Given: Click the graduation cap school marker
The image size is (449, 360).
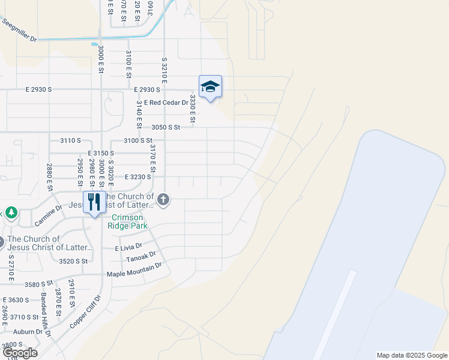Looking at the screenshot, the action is pyautogui.click(x=210, y=87).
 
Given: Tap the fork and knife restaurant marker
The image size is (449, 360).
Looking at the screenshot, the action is pyautogui.click(x=94, y=202).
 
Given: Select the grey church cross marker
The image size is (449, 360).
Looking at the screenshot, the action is pyautogui.click(x=163, y=199).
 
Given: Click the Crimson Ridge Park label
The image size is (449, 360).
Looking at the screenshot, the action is pyautogui.click(x=126, y=221).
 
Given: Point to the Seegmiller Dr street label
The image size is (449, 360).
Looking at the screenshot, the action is pyautogui.click(x=19, y=31).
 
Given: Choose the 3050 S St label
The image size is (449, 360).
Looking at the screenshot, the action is pyautogui.click(x=166, y=127).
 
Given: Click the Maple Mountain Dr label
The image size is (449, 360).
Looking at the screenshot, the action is pyautogui.click(x=134, y=269).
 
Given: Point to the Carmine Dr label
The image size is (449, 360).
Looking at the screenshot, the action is pyautogui.click(x=48, y=216).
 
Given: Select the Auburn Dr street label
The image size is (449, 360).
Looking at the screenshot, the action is pyautogui.click(x=31, y=331).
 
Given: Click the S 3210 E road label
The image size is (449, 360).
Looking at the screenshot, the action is pyautogui.click(x=163, y=71).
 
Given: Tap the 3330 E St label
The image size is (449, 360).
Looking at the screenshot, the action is pyautogui.click(x=193, y=109).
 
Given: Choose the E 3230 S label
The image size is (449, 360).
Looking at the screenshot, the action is pyautogui.click(x=137, y=177).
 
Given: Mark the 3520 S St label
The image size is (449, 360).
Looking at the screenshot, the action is pyautogui.click(x=74, y=261).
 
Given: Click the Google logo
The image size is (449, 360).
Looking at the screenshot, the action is pyautogui.click(x=19, y=353).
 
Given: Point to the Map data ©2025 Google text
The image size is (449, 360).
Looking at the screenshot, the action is pyautogui.click(x=411, y=355).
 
